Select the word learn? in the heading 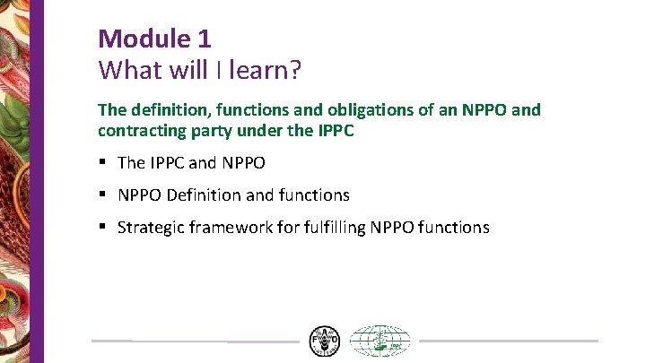pyautogui.click(x=274, y=69)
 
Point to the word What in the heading pyautogui.click(x=126, y=69)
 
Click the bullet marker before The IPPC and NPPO pyautogui.click(x=104, y=162)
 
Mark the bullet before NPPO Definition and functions pyautogui.click(x=104, y=194)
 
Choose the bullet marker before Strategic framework pyautogui.click(x=104, y=227)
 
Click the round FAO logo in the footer pyautogui.click(x=324, y=341)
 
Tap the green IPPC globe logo pyautogui.click(x=380, y=341)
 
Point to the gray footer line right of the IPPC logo pyautogui.click(x=508, y=341)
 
